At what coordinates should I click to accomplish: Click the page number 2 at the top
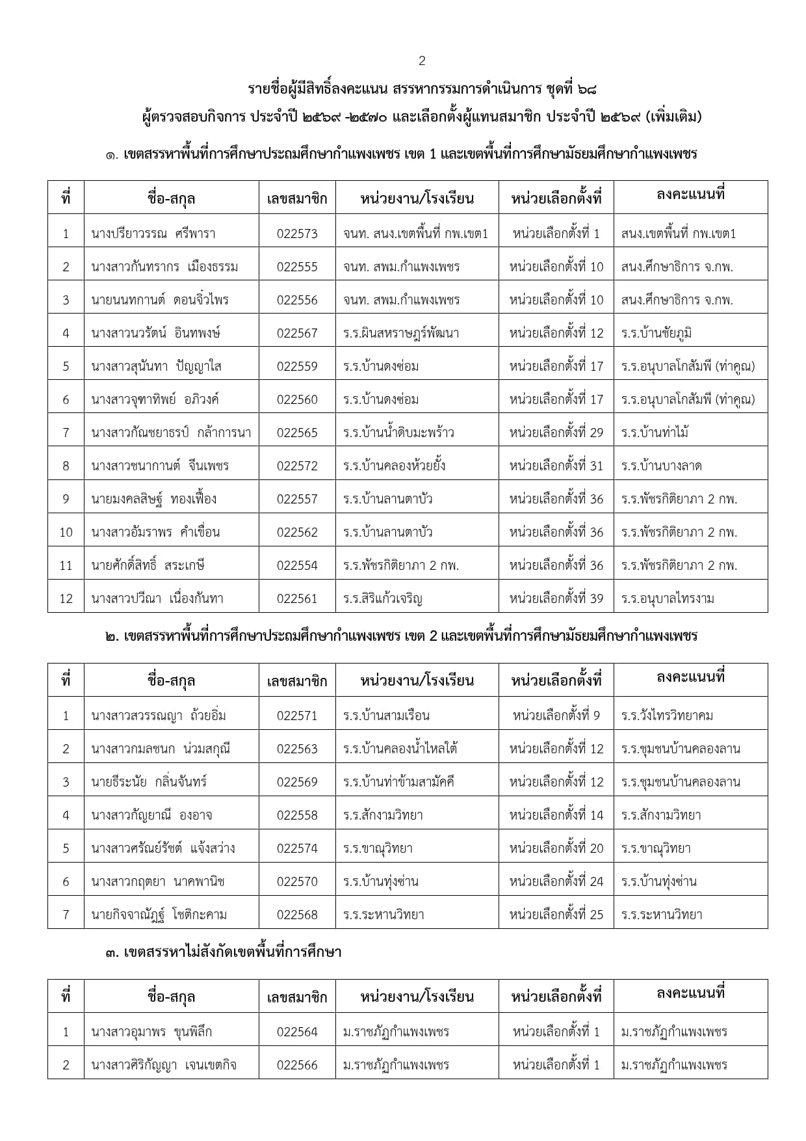(422, 61)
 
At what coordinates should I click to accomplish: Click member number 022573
(297, 234)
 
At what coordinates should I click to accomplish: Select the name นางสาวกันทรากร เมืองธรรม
(164, 267)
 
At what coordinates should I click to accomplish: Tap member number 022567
(297, 333)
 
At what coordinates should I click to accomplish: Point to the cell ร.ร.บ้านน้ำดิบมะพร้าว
(398, 433)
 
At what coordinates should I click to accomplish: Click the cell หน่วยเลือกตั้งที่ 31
(556, 466)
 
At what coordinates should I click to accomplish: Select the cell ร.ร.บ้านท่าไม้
(655, 433)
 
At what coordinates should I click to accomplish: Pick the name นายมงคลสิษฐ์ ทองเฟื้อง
(154, 499)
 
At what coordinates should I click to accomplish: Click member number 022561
(297, 598)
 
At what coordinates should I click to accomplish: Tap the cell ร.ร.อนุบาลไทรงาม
(668, 598)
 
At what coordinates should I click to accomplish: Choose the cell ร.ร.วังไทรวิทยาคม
(667, 716)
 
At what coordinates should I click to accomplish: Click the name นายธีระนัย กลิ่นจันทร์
(149, 782)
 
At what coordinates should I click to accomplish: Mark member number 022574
(297, 848)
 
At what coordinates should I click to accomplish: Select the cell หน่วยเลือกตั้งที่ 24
(556, 881)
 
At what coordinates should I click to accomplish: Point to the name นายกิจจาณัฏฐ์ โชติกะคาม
(159, 915)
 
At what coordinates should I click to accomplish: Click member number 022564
(297, 1032)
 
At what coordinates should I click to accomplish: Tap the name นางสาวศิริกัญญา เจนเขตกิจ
(164, 1065)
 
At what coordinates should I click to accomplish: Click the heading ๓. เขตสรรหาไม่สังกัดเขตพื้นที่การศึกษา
(223, 952)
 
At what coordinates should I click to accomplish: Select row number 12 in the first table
(66, 598)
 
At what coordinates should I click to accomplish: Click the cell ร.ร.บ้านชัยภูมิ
(656, 333)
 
